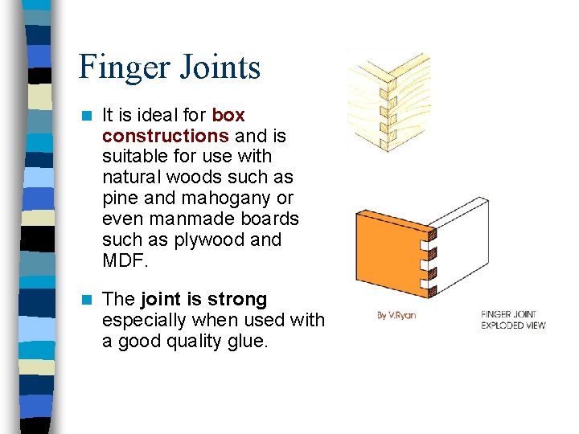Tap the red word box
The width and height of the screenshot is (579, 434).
[x=228, y=115]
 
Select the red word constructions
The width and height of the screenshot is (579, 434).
[x=166, y=136]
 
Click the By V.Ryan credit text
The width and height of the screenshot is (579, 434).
[x=396, y=315]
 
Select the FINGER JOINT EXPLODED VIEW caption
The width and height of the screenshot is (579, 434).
[x=512, y=319]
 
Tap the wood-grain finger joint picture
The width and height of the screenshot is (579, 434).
[x=388, y=100]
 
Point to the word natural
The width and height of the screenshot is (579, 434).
[x=131, y=178]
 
